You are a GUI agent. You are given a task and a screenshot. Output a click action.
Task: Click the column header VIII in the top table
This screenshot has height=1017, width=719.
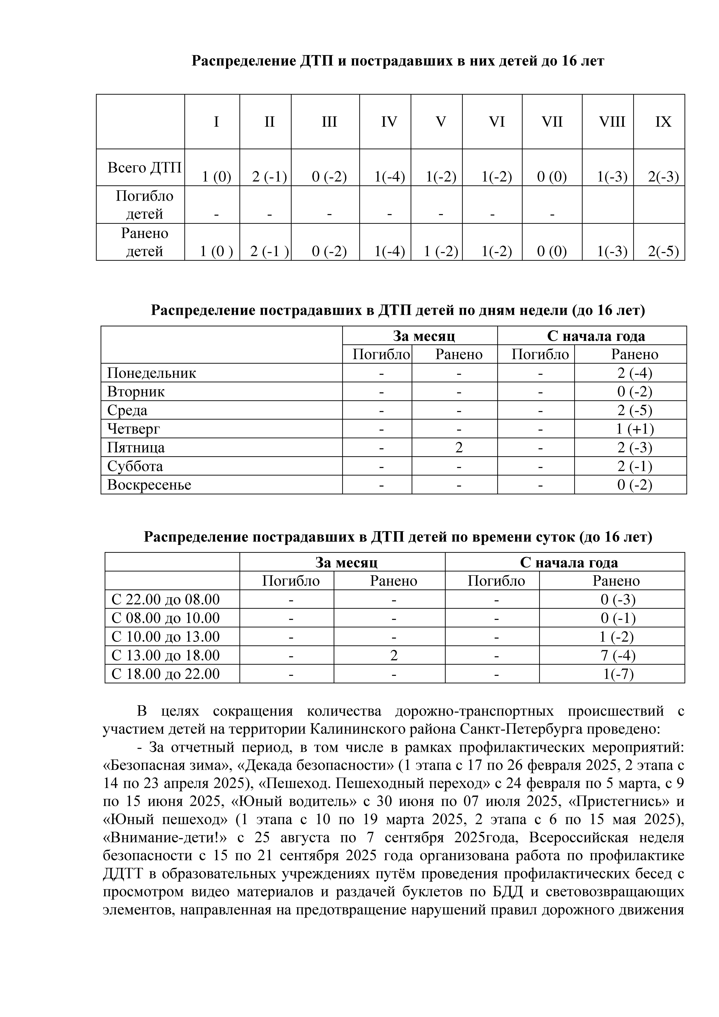(x=612, y=122)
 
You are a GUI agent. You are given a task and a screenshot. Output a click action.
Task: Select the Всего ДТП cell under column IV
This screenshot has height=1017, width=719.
(x=389, y=177)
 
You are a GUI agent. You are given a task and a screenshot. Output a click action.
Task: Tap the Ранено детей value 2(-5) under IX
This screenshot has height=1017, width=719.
(x=663, y=251)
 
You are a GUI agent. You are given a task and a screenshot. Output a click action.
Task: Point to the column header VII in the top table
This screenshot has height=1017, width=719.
(x=552, y=122)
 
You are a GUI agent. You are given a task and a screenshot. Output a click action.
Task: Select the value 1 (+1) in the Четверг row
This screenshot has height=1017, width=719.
(x=635, y=429)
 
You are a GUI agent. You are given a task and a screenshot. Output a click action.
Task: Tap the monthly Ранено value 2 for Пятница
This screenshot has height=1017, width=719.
(x=459, y=447)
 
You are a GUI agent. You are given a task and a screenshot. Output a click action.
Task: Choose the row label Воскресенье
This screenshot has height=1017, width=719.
(x=149, y=485)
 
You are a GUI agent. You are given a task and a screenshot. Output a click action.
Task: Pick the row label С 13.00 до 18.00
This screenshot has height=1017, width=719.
(x=166, y=655)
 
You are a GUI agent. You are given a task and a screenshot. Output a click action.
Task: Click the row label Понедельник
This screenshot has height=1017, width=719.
(x=151, y=373)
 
